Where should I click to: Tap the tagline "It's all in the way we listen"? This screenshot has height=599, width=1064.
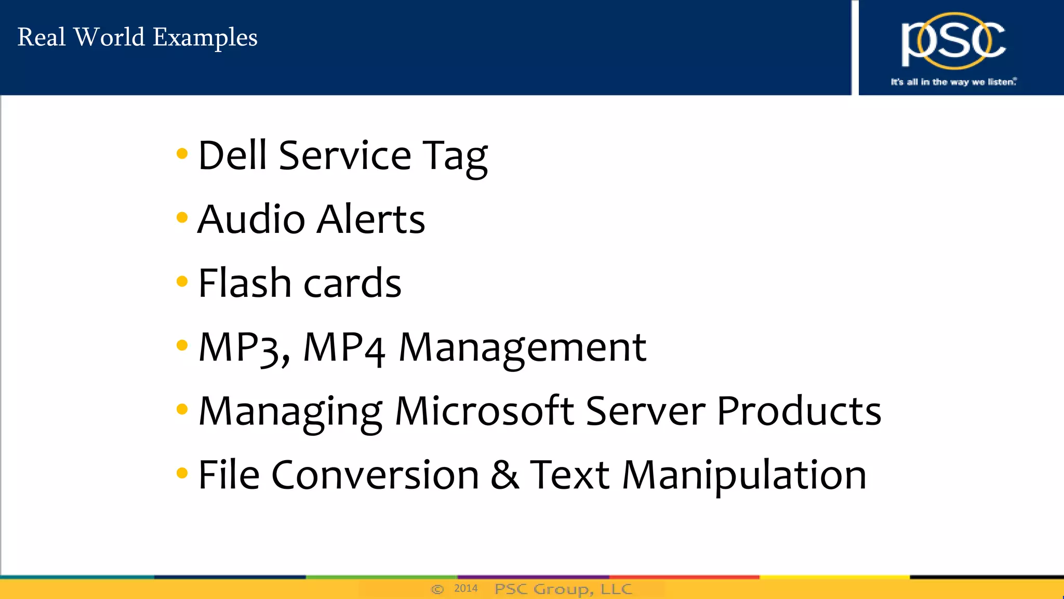tap(953, 82)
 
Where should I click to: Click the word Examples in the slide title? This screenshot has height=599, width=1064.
tap(205, 38)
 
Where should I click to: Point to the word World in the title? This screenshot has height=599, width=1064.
tap(109, 37)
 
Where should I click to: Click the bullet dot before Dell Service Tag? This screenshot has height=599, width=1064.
tap(182, 153)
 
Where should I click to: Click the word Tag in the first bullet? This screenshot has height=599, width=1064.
tap(455, 157)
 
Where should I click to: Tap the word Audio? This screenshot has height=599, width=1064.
tap(251, 219)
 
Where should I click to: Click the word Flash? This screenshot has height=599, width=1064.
tap(244, 283)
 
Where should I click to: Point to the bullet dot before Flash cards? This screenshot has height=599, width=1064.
tap(182, 281)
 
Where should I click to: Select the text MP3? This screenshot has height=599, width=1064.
tap(243, 347)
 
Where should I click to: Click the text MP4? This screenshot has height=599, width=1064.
tap(344, 347)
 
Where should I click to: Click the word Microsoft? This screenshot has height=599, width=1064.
tap(484, 411)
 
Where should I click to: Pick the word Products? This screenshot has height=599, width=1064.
tap(799, 411)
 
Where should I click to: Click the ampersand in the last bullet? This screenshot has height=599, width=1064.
tap(504, 474)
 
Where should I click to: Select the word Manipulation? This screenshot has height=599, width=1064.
tap(744, 475)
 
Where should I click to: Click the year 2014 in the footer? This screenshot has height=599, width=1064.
tap(465, 589)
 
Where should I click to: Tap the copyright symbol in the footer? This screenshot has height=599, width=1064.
tap(437, 589)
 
